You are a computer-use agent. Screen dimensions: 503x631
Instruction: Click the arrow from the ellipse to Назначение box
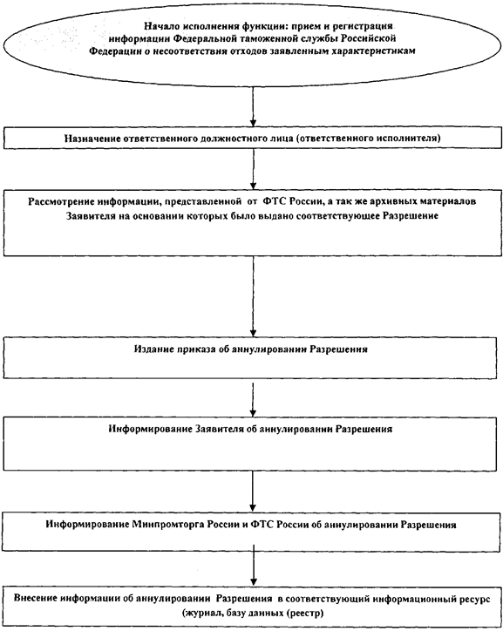coord(253,106)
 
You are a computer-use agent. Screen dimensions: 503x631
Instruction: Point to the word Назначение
coord(92,139)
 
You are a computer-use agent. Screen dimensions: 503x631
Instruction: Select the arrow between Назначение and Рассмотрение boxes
coord(253,169)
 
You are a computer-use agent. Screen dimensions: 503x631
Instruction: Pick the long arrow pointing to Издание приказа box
coord(253,296)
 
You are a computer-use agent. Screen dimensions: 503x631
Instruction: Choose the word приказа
coord(196,349)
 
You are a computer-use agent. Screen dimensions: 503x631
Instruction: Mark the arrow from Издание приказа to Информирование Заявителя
coord(253,397)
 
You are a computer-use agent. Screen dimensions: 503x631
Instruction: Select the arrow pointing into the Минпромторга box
coord(253,491)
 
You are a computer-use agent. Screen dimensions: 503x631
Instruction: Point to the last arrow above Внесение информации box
coord(253,568)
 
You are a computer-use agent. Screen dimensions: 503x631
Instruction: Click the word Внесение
coord(35,598)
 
